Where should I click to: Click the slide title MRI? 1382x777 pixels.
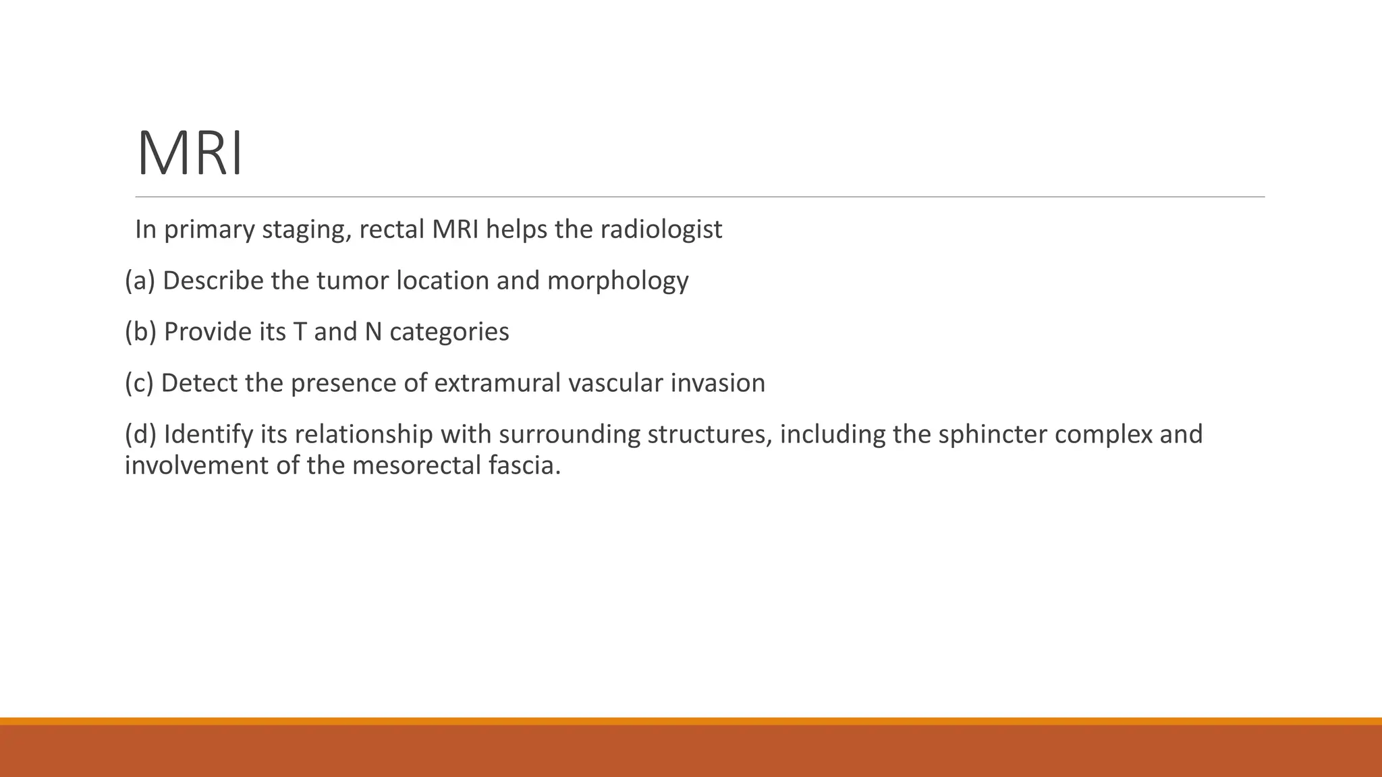[190, 154]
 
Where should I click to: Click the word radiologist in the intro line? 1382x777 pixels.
[661, 229]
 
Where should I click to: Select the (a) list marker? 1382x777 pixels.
[140, 281]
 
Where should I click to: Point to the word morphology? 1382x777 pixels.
[617, 281]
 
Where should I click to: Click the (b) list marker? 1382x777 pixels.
[140, 332]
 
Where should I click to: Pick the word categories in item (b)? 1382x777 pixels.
[449, 332]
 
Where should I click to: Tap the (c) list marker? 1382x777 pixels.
[139, 383]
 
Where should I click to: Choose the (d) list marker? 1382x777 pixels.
[140, 434]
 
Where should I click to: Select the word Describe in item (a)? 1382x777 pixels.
[213, 281]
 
